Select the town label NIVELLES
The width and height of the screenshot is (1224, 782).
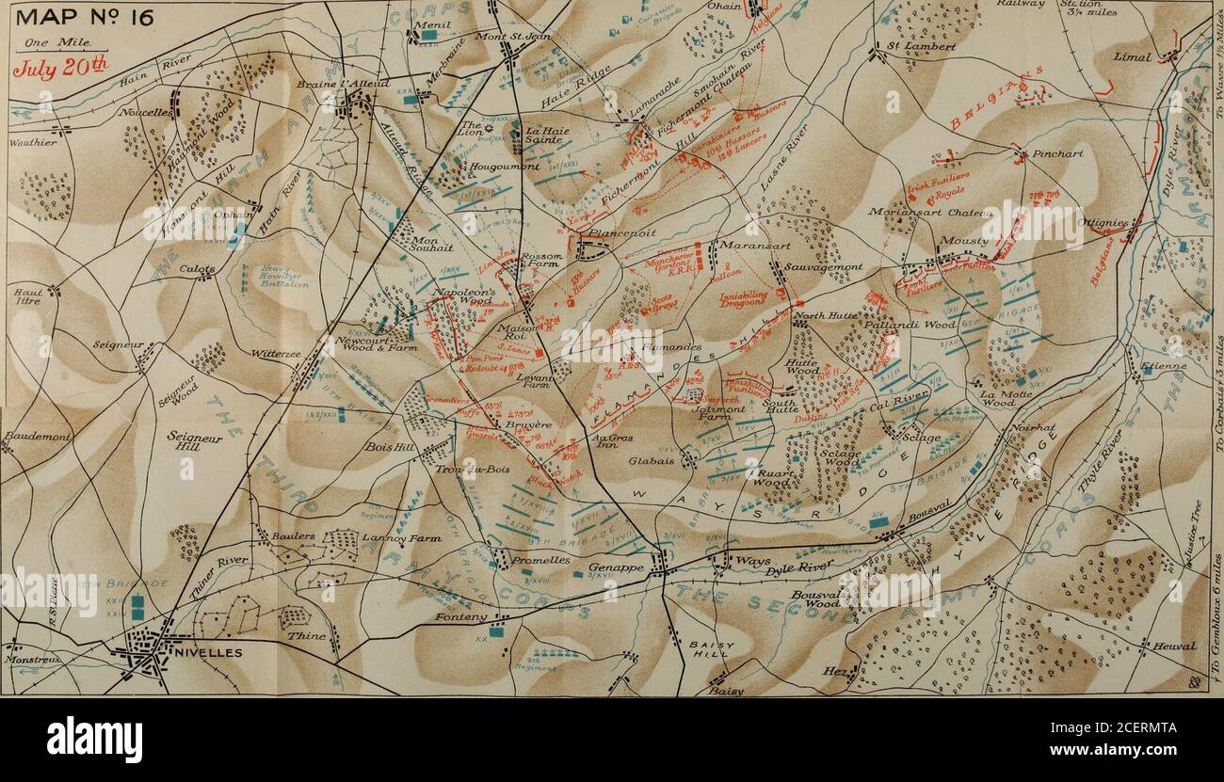[208, 652]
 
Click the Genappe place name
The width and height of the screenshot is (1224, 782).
[616, 568]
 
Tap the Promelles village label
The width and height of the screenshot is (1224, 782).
[540, 560]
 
